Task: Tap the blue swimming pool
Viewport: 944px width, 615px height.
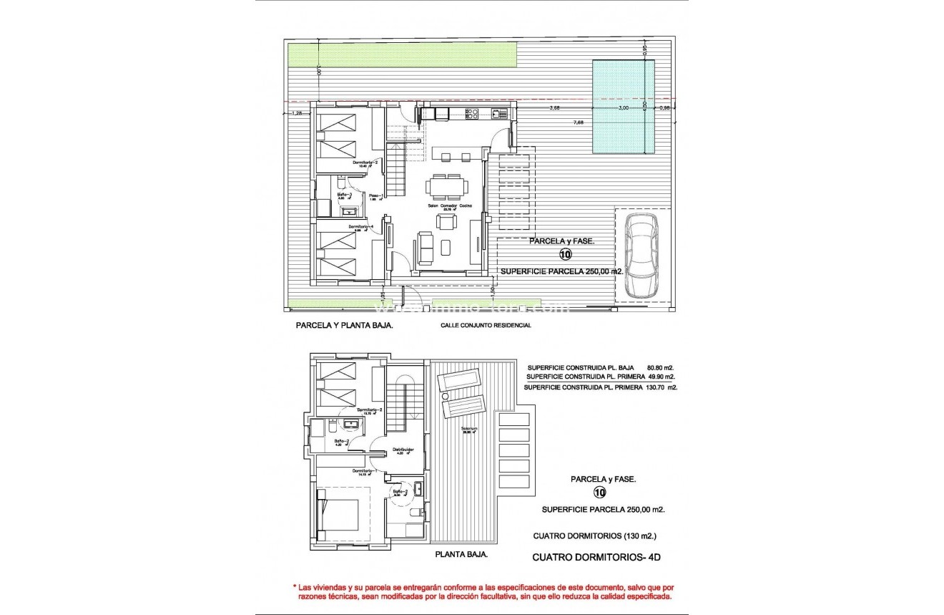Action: tap(623, 107)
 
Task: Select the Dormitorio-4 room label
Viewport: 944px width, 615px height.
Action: tap(361, 226)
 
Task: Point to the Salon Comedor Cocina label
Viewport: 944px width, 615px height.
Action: tap(446, 205)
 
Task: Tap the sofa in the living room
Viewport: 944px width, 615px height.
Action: tap(425, 246)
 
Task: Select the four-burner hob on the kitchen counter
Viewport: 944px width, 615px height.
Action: tap(471, 112)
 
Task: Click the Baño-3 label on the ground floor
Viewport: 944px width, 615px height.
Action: tap(345, 195)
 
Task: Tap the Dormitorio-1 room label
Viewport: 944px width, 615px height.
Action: tap(365, 470)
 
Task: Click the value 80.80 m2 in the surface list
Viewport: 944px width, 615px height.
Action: tap(656, 367)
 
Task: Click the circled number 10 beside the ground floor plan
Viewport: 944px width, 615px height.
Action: tap(564, 255)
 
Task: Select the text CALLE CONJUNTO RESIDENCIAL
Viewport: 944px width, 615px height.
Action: tap(486, 325)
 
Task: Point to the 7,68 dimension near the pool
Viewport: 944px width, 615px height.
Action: tap(577, 122)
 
